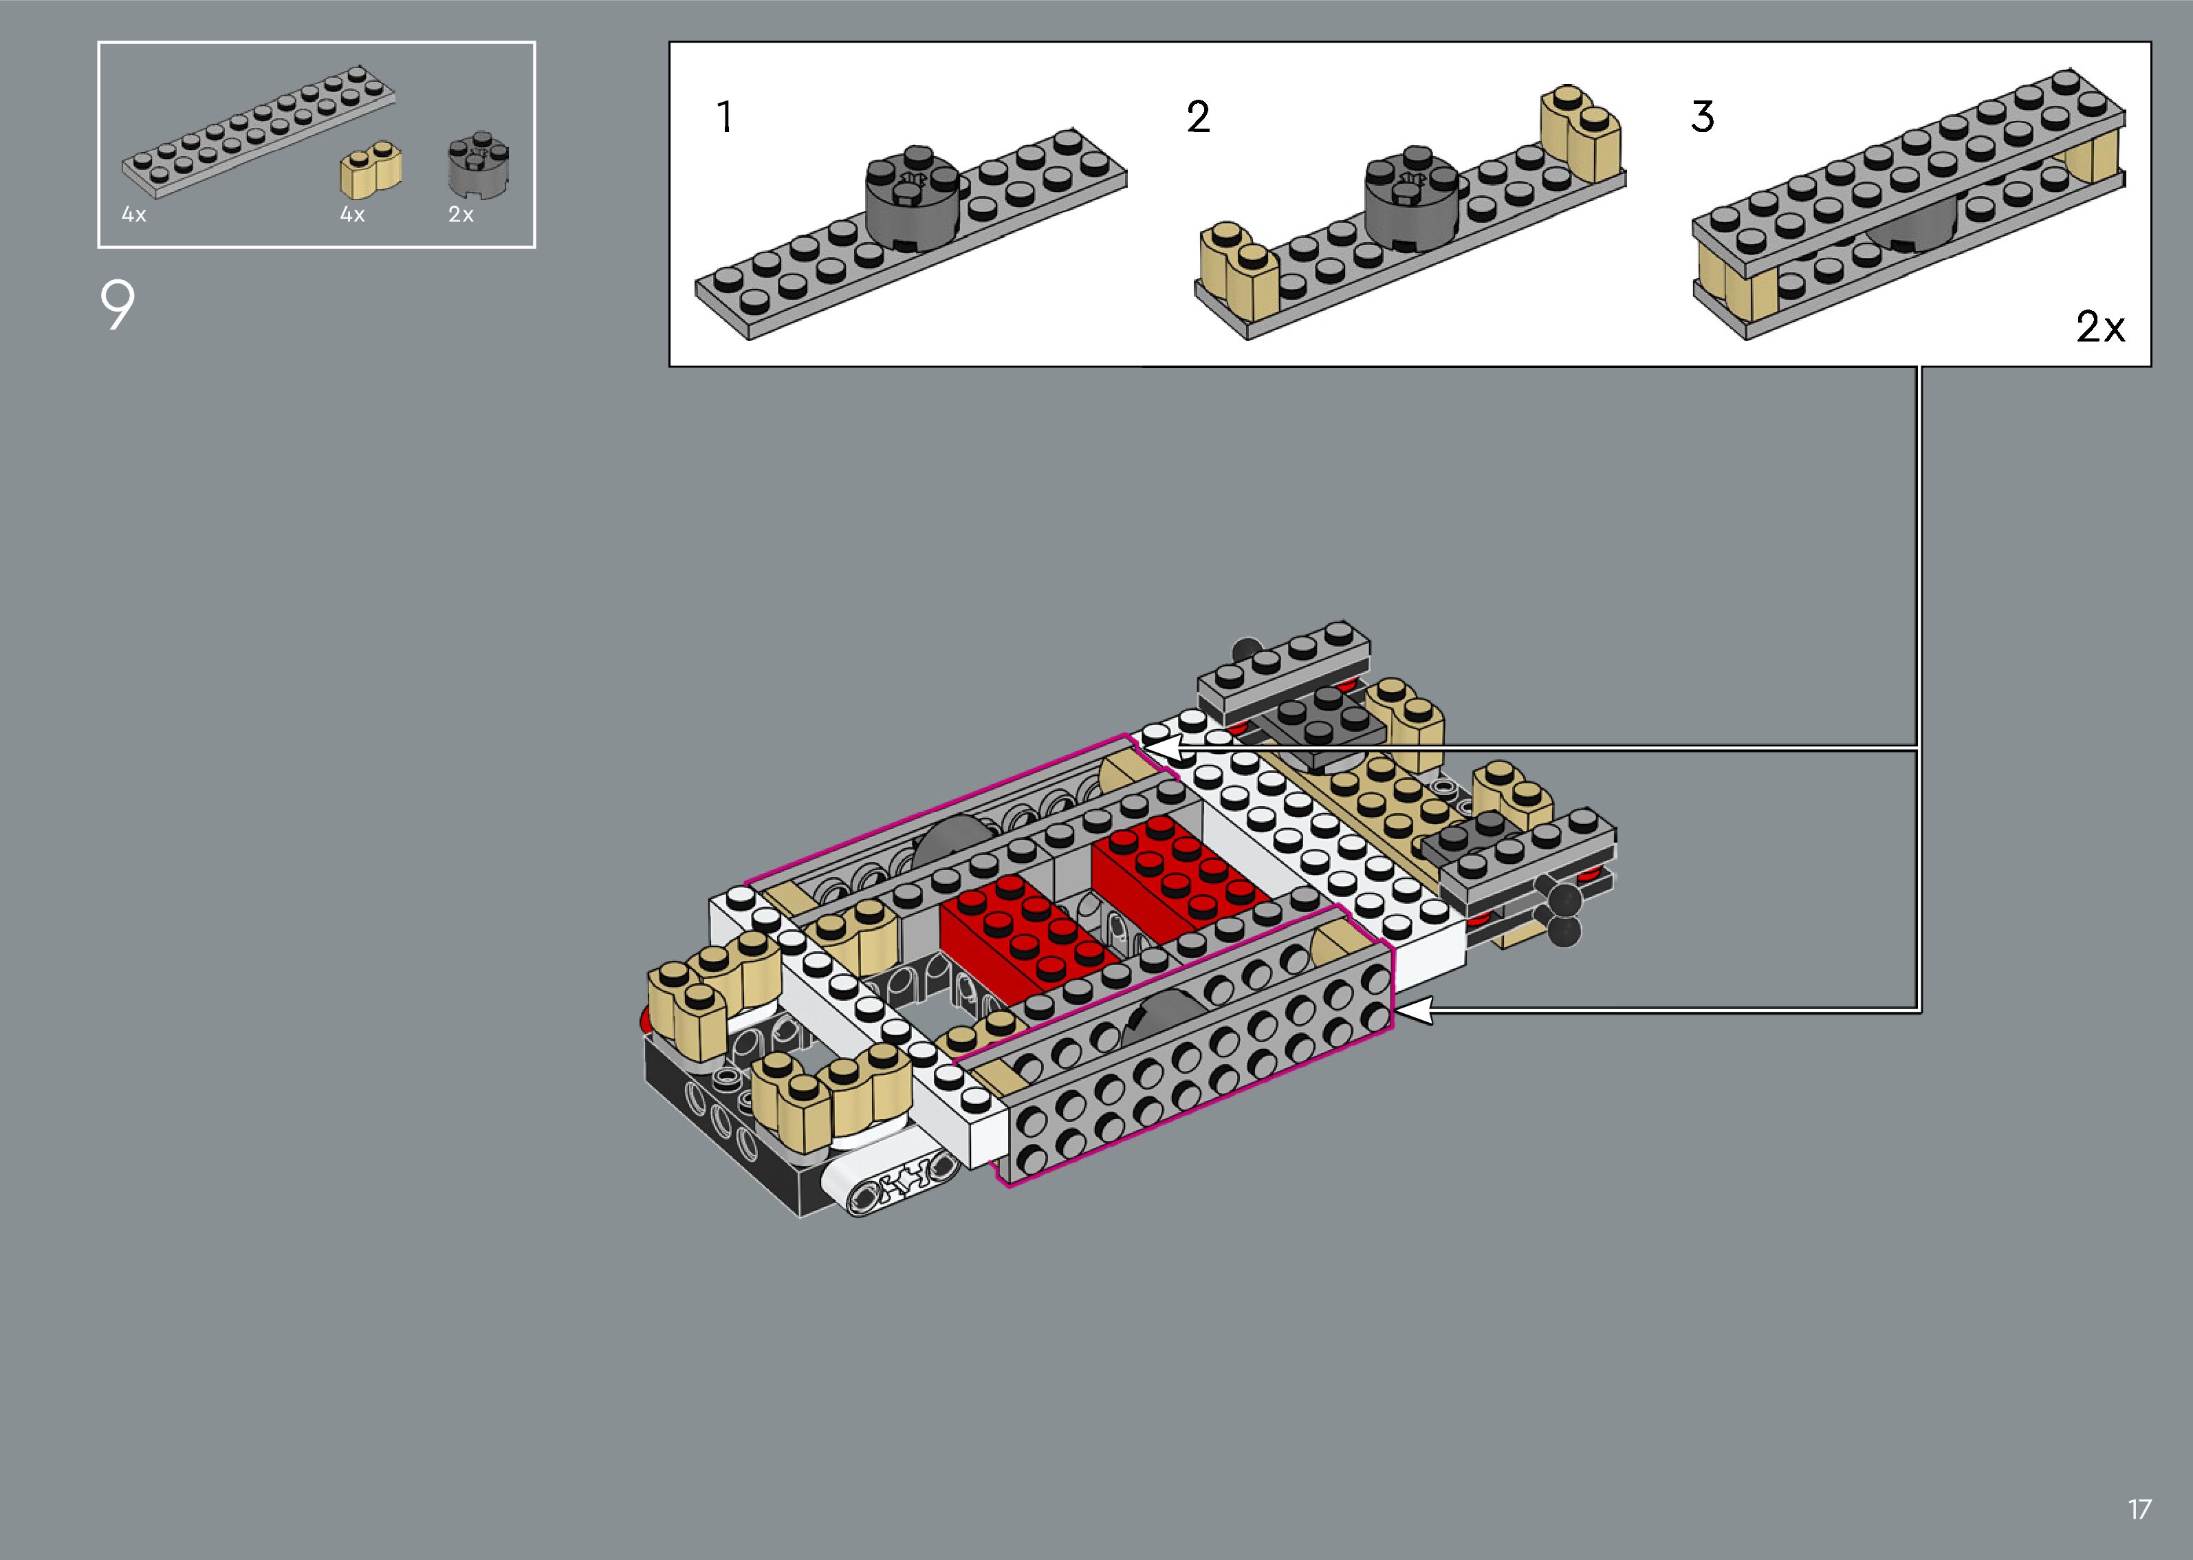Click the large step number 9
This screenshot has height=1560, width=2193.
(x=117, y=305)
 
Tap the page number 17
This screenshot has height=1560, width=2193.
(x=2139, y=1509)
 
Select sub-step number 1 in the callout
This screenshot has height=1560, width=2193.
(x=725, y=117)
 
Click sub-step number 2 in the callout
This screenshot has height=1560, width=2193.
(x=1199, y=117)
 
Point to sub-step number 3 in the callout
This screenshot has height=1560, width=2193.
(x=1703, y=117)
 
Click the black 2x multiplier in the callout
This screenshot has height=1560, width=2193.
(x=2100, y=327)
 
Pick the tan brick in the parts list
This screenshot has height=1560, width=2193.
(x=371, y=170)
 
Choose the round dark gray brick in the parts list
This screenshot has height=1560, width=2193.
(x=478, y=164)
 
